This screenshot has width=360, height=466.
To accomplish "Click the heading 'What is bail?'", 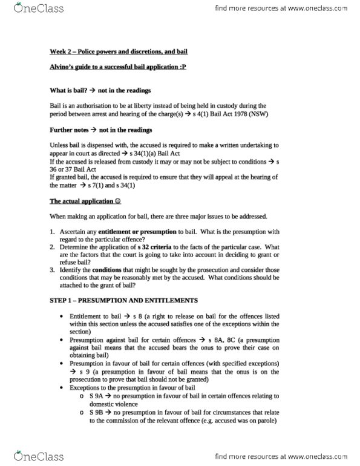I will tap(68, 91).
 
